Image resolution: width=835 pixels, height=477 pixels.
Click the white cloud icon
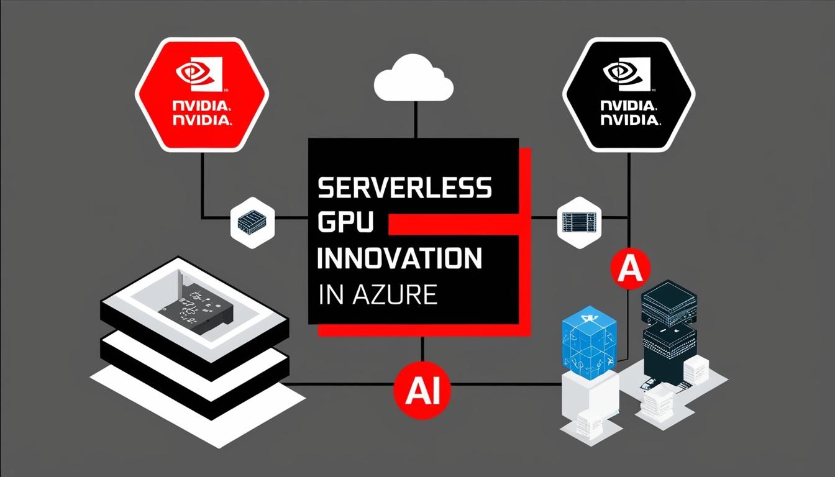click(413, 79)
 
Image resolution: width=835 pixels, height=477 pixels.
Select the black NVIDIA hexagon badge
click(629, 94)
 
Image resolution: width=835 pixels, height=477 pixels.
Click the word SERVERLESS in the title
click(404, 188)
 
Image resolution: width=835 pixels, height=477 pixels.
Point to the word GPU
click(345, 223)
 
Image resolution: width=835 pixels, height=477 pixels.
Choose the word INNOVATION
click(399, 258)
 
